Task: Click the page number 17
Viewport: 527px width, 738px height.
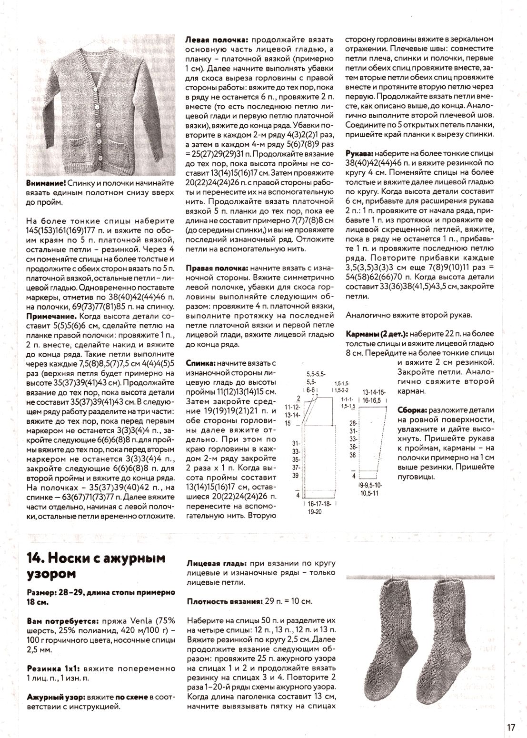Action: [x=511, y=728]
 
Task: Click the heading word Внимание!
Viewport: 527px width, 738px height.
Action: [x=46, y=183]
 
